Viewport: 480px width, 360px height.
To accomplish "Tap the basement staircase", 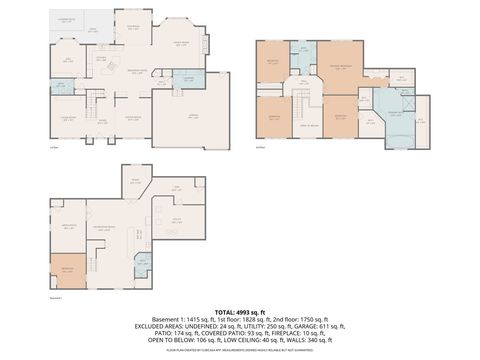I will point(141,235).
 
